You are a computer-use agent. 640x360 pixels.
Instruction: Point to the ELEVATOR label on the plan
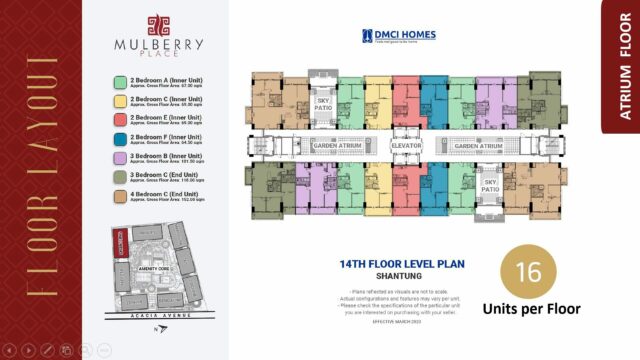point(406,146)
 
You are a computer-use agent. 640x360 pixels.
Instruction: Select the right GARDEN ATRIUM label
point(477,146)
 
